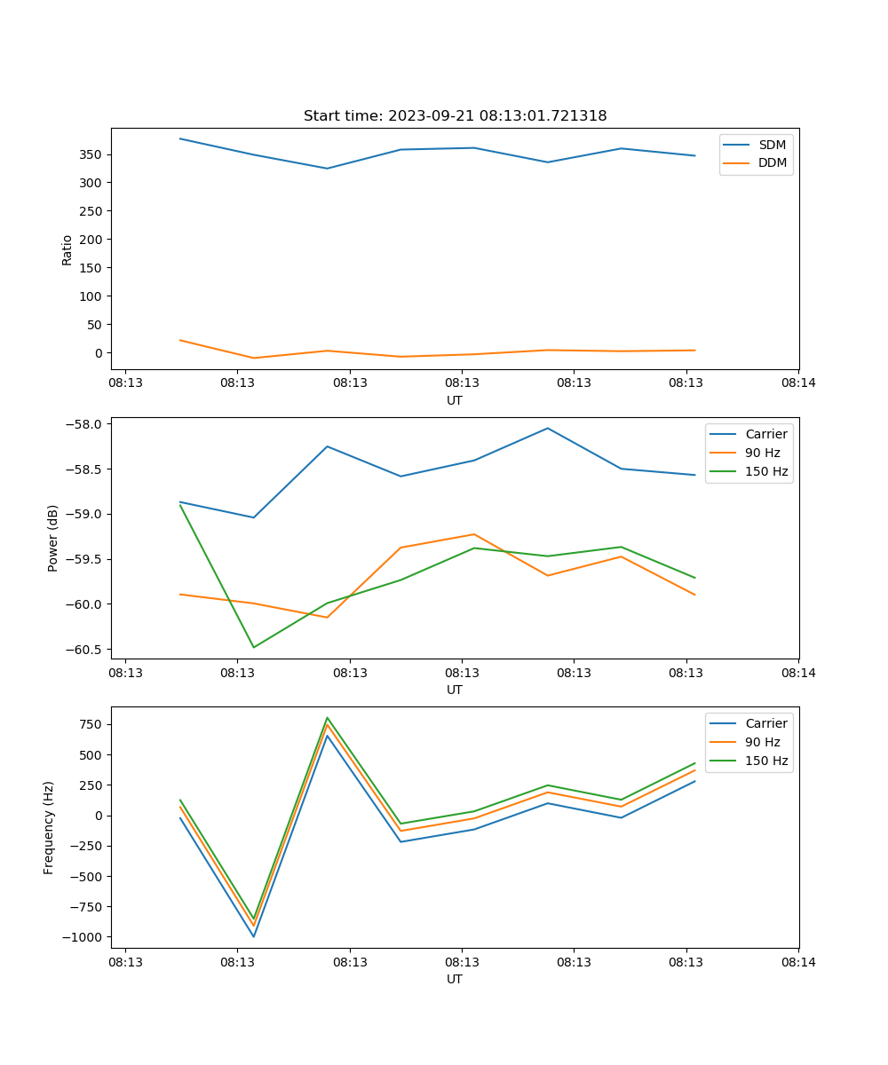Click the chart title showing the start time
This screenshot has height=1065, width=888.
[455, 116]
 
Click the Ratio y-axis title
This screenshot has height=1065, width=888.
[67, 249]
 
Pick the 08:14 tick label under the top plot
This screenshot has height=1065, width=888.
[797, 383]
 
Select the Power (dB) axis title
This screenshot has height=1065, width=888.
[53, 538]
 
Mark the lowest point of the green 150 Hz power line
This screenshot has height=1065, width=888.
[254, 647]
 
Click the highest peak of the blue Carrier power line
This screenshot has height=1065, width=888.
[547, 428]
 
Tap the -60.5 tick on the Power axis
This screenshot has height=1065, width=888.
[86, 650]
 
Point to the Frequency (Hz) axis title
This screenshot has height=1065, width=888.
[49, 827]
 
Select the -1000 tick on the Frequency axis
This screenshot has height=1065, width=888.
[84, 937]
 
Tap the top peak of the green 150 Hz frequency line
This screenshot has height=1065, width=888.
[328, 718]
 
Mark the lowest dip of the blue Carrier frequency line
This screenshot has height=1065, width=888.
[254, 936]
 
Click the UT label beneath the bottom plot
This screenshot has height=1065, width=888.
[455, 979]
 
